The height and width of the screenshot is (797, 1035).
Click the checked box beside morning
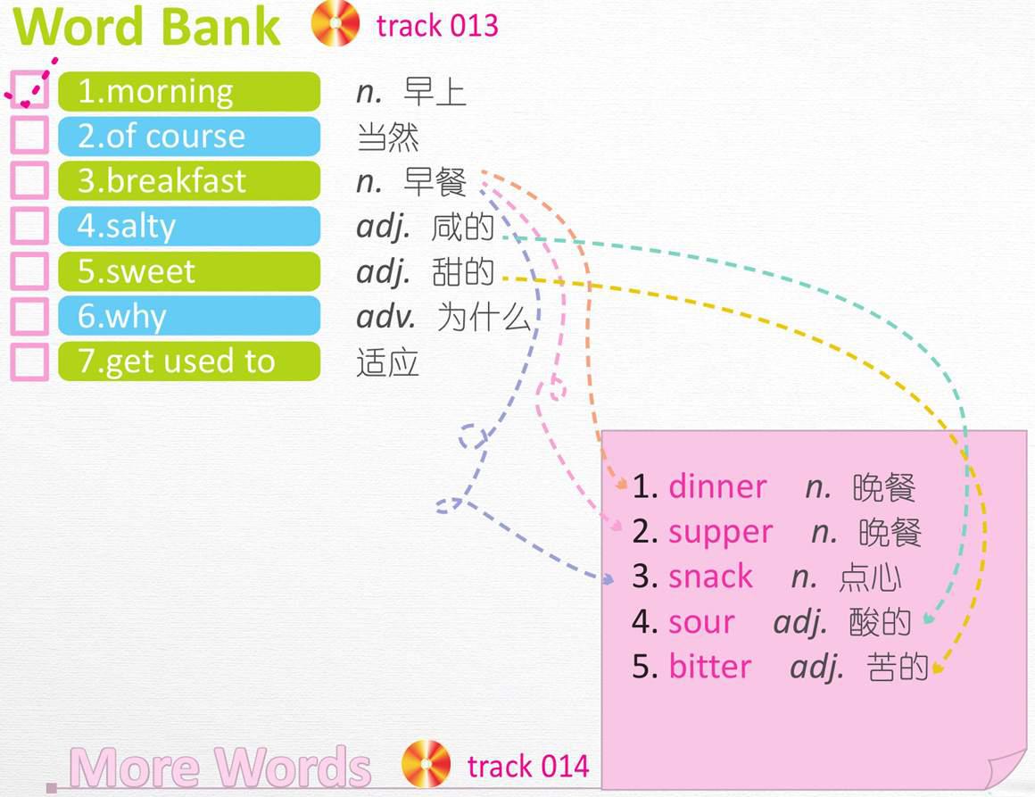click(x=29, y=90)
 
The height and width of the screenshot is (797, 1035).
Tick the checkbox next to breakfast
click(x=29, y=180)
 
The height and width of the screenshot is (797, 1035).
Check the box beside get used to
click(x=29, y=361)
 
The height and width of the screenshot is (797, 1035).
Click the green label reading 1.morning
click(x=189, y=91)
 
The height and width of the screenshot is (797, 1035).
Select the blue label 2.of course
click(x=189, y=136)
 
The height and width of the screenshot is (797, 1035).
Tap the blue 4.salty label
click(x=189, y=226)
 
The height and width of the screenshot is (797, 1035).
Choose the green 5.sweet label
click(x=189, y=271)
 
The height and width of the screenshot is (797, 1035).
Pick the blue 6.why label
click(x=189, y=316)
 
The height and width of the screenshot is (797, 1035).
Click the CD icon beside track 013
click(x=335, y=23)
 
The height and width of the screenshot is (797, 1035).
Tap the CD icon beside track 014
click(x=426, y=764)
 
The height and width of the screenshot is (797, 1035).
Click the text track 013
click(x=437, y=26)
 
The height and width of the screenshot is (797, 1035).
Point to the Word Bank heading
click(x=146, y=27)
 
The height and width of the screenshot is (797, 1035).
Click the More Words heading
click(x=220, y=768)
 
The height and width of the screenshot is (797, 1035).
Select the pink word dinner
click(x=717, y=486)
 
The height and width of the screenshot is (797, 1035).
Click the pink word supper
click(x=720, y=533)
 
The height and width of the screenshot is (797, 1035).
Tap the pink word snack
click(x=710, y=577)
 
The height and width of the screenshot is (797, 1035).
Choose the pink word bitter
click(x=710, y=667)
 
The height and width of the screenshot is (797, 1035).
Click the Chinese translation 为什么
click(x=484, y=317)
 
